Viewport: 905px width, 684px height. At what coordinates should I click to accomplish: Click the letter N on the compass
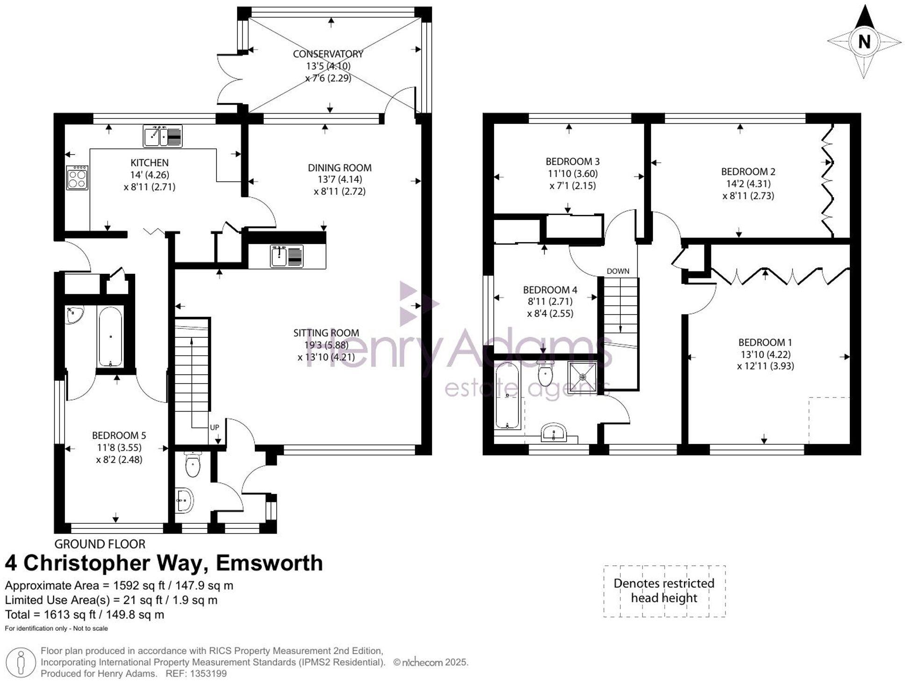click(x=864, y=42)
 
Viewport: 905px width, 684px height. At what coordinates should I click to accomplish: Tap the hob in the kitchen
click(x=77, y=178)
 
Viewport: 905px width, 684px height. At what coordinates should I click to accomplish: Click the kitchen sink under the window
click(x=162, y=136)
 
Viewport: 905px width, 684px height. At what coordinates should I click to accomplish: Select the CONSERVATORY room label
click(x=328, y=54)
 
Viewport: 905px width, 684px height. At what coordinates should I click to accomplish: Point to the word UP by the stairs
click(x=214, y=427)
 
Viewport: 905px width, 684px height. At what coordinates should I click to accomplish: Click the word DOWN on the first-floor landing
click(x=618, y=271)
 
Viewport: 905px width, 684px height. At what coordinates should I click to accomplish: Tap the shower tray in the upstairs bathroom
click(x=583, y=377)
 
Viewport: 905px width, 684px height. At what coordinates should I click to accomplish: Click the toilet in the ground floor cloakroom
click(x=192, y=464)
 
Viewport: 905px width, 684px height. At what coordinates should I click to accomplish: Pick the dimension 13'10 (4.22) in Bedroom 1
click(x=765, y=354)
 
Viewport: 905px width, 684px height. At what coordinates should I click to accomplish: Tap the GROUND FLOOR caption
click(x=100, y=544)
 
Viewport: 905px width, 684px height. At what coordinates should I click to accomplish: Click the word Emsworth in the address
click(x=269, y=563)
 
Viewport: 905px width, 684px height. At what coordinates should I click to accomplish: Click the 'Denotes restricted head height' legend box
click(x=664, y=591)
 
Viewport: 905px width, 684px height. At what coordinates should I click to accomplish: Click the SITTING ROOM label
click(x=326, y=333)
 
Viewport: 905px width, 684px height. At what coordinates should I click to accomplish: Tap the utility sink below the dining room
click(x=287, y=256)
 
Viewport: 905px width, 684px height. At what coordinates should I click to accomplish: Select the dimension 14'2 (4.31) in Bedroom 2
click(x=748, y=184)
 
